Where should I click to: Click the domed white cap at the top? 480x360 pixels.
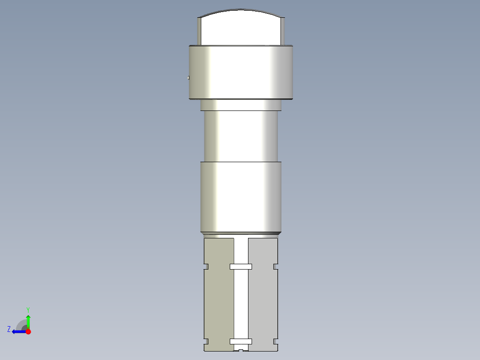pyautogui.click(x=240, y=28)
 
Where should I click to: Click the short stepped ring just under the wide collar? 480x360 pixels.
pyautogui.click(x=240, y=105)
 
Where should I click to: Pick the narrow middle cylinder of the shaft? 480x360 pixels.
pyautogui.click(x=240, y=136)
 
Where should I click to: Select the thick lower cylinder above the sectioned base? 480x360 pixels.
pyautogui.click(x=240, y=196)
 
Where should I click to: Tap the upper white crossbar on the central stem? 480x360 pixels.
pyautogui.click(x=240, y=267)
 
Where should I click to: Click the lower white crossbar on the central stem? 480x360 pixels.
pyautogui.click(x=240, y=342)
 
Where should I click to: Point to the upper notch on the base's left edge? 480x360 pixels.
pyautogui.click(x=206, y=267)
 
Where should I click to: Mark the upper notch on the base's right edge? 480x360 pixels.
pyautogui.click(x=276, y=267)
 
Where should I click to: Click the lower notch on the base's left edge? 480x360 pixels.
pyautogui.click(x=206, y=342)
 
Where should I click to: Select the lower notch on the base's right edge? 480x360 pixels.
pyautogui.click(x=276, y=342)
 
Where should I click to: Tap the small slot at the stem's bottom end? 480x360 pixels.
pyautogui.click(x=240, y=350)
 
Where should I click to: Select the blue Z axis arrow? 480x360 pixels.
pyautogui.click(x=18, y=331)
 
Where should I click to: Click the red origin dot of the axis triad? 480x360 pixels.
pyautogui.click(x=28, y=331)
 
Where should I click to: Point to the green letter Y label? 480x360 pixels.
pyautogui.click(x=28, y=309)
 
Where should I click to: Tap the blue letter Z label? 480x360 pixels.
pyautogui.click(x=9, y=329)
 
